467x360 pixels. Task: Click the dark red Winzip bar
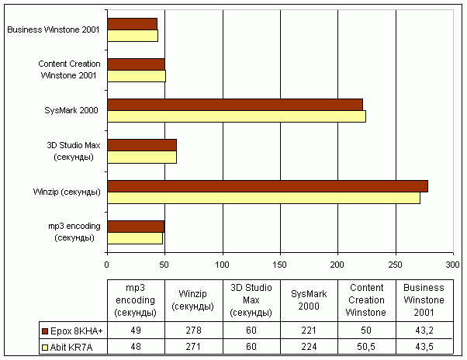(x=268, y=186)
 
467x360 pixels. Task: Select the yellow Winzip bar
(x=264, y=198)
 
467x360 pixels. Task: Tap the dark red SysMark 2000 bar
(x=235, y=105)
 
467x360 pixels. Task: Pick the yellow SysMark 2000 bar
(x=237, y=116)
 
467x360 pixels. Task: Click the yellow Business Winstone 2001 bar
(x=133, y=36)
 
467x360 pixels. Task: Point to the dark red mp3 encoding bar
(x=136, y=227)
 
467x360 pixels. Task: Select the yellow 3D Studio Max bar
(x=142, y=157)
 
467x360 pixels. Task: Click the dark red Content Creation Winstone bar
(x=136, y=64)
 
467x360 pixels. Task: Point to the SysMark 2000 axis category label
(x=71, y=111)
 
